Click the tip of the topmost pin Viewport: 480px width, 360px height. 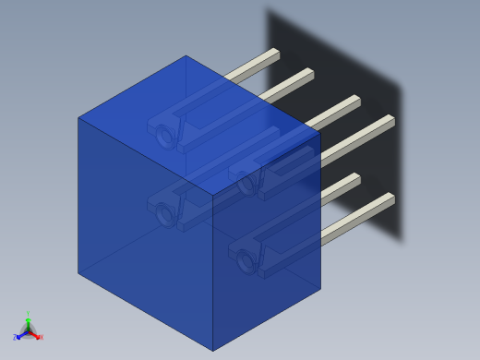(275, 53)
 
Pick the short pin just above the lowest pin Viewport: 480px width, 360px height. (342, 184)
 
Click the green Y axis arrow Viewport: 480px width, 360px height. (28, 321)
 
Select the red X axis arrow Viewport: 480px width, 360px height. (35, 335)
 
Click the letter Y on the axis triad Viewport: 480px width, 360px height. (28, 315)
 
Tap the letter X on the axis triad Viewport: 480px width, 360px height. (41, 337)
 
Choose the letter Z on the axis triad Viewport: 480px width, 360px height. (15, 338)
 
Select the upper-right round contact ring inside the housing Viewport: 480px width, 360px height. (246, 184)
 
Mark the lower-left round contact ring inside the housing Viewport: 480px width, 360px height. (165, 215)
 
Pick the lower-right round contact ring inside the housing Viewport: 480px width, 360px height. (245, 262)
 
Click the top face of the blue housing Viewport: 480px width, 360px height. (198, 125)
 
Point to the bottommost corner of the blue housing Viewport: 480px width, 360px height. (213, 351)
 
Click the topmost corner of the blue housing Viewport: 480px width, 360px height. (186, 55)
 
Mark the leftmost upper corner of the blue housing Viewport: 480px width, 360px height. (78, 117)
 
